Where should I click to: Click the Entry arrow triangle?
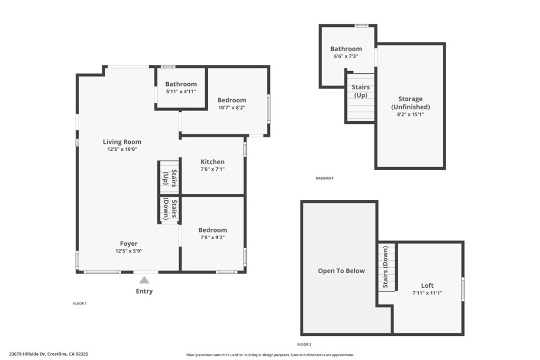[x=144, y=280]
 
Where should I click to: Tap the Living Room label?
[x=122, y=141]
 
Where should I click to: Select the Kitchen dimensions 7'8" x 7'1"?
[x=213, y=169]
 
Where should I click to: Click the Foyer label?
[x=129, y=244]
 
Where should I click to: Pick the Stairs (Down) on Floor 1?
[x=170, y=210]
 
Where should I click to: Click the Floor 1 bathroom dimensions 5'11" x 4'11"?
[x=181, y=92]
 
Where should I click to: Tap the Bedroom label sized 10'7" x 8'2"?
[x=232, y=100]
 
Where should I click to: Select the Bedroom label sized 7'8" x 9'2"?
[x=213, y=230]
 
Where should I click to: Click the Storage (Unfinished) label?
[x=410, y=103]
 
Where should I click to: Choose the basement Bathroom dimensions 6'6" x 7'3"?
[x=346, y=56]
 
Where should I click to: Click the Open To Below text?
[x=341, y=271]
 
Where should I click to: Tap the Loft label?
[x=427, y=285]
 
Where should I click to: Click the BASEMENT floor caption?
[x=324, y=178]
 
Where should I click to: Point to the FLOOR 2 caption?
[x=304, y=344]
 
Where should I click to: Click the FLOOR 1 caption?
[x=80, y=303]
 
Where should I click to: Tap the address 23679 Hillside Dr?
[x=27, y=354]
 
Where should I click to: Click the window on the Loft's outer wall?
[x=463, y=288]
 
